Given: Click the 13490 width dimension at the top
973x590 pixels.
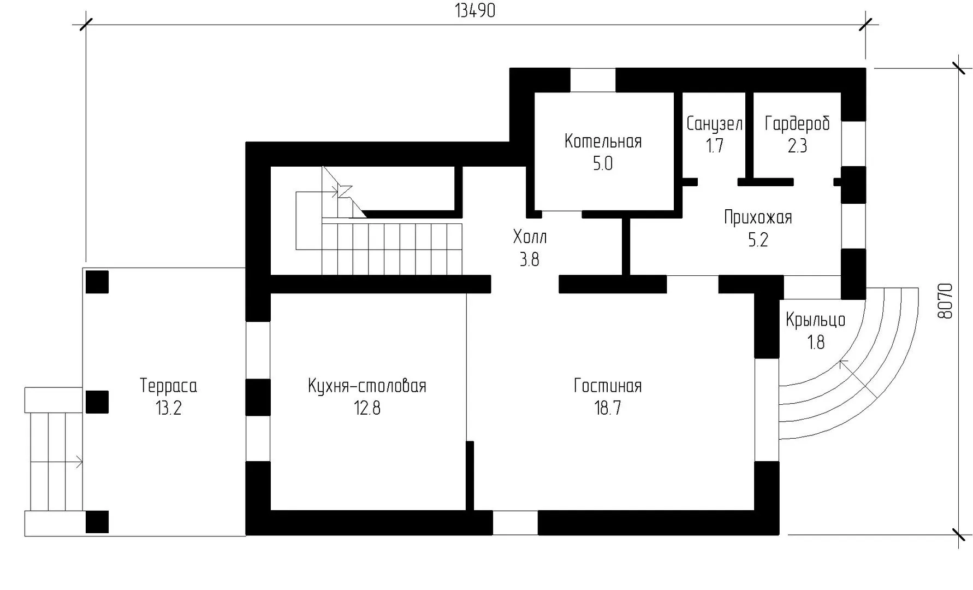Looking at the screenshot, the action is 475,11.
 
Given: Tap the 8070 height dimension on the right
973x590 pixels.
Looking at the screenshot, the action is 945,301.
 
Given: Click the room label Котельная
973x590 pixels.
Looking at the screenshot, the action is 603,141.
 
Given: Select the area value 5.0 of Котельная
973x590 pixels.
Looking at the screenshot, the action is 603,164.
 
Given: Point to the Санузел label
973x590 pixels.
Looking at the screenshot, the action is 714,125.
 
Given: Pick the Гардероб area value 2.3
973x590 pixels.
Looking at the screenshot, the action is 797,146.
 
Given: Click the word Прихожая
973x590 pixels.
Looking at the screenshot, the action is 758,217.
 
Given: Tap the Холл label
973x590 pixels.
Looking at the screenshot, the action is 530,237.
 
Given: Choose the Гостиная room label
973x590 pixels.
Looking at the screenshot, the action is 608,386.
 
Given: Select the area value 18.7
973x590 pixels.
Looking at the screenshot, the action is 608,408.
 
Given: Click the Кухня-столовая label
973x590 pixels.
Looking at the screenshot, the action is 367,386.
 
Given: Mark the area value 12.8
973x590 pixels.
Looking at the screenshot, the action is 367,408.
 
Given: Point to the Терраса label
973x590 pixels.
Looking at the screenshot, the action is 168,386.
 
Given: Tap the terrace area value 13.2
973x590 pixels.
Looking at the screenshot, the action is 168,408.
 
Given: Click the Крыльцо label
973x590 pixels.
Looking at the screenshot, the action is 816,320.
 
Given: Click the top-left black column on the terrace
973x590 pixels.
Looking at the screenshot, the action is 97,282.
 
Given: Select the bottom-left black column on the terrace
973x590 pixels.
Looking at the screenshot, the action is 97,522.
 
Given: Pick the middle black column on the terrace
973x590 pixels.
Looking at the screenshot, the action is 97,402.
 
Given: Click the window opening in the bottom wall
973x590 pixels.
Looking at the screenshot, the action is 515,523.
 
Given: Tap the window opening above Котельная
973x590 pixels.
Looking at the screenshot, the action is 593,80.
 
